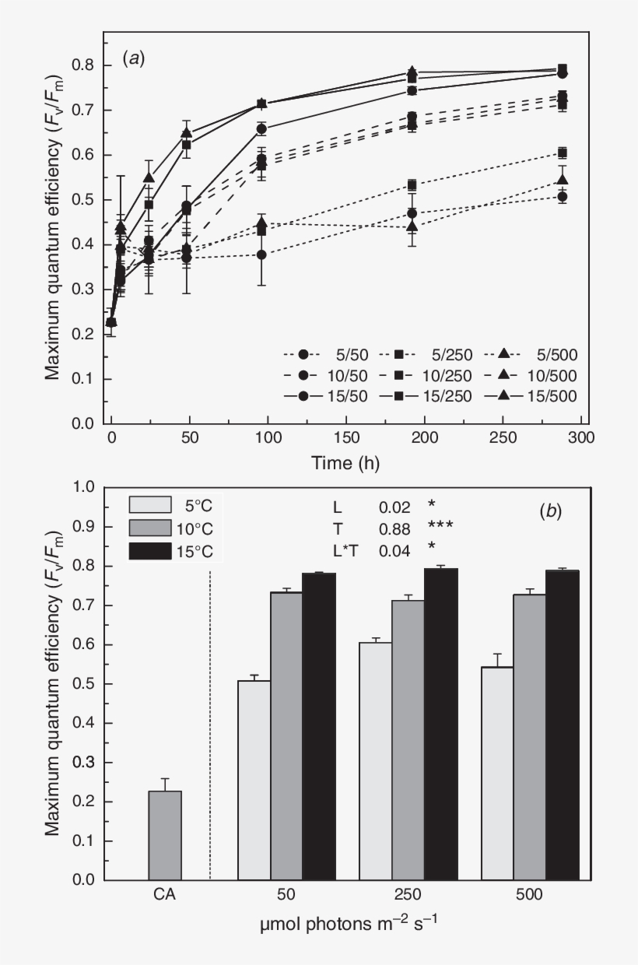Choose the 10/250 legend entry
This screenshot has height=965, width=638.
coord(425,375)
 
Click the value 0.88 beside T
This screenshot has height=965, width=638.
coord(394,528)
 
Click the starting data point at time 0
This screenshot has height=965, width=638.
coord(111,322)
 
